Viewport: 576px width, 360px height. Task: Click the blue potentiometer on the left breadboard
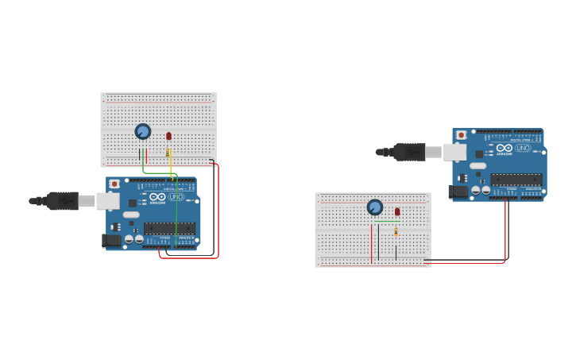coord(143,131)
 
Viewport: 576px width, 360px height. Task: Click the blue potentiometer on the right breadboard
coord(375,207)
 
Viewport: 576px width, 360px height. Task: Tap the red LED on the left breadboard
coord(168,136)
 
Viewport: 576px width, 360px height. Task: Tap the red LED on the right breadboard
coord(397,211)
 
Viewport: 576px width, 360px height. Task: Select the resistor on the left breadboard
coord(168,153)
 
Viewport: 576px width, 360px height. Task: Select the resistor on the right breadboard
coord(396,231)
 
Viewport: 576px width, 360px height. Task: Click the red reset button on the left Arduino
coord(115,184)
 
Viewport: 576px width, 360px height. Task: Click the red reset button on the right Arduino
coord(462,135)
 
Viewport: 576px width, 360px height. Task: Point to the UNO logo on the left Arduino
coord(176,197)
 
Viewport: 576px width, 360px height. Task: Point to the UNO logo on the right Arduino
coord(523,148)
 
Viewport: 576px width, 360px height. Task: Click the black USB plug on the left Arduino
coord(63,201)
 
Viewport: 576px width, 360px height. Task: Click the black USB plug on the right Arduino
coord(410,152)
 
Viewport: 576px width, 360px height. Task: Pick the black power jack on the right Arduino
coord(458,192)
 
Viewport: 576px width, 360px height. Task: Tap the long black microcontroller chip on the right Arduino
coord(516,180)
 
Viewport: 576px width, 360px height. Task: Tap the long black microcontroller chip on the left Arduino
coord(169,228)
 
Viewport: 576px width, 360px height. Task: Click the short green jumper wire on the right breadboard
coord(387,220)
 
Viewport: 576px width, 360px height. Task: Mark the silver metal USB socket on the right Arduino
coord(454,152)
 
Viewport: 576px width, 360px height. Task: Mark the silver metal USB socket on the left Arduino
coord(108,201)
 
